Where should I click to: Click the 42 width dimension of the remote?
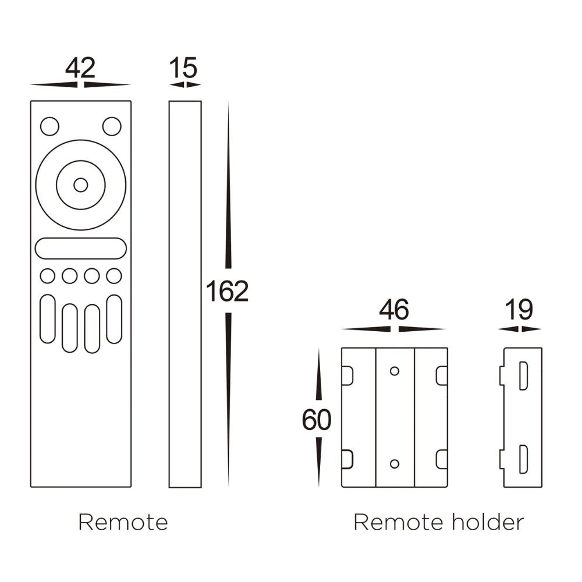[x=80, y=69]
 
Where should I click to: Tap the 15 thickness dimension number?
[x=183, y=69]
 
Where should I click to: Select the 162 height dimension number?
[x=228, y=292]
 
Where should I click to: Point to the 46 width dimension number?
[x=394, y=310]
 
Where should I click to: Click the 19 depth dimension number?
[x=519, y=310]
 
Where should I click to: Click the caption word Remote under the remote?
[x=123, y=522]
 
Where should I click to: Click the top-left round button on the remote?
[x=49, y=126]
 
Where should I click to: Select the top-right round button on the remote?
[x=112, y=126]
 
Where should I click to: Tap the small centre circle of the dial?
[x=81, y=185]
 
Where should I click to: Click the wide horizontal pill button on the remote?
[x=81, y=248]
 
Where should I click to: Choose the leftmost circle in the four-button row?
[x=48, y=276]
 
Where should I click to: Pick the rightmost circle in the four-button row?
[x=114, y=276]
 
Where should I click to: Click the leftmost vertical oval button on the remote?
[x=48, y=319]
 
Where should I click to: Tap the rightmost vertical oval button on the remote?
[x=114, y=319]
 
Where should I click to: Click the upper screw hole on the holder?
[x=395, y=371]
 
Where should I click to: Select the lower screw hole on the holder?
[x=395, y=463]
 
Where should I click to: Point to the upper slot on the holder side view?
[x=523, y=376]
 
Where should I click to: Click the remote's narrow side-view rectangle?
[x=185, y=294]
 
